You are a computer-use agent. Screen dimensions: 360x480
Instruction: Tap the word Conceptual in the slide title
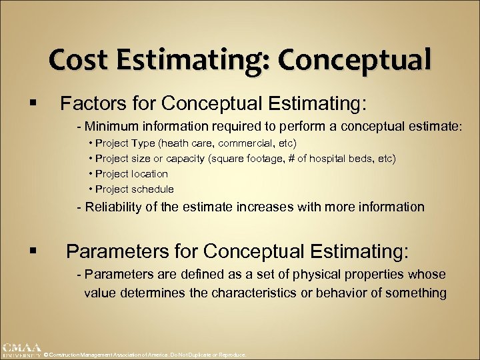[x=354, y=60]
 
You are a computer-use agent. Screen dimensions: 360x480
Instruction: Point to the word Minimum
[x=109, y=127]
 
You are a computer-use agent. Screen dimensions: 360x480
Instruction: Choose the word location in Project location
[x=149, y=173]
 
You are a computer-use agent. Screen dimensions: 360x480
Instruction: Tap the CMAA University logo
[x=21, y=350]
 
